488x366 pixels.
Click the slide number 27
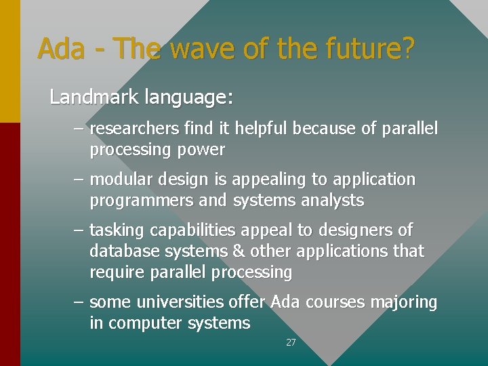pos(291,343)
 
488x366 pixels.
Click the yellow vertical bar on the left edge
pos(9,61)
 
